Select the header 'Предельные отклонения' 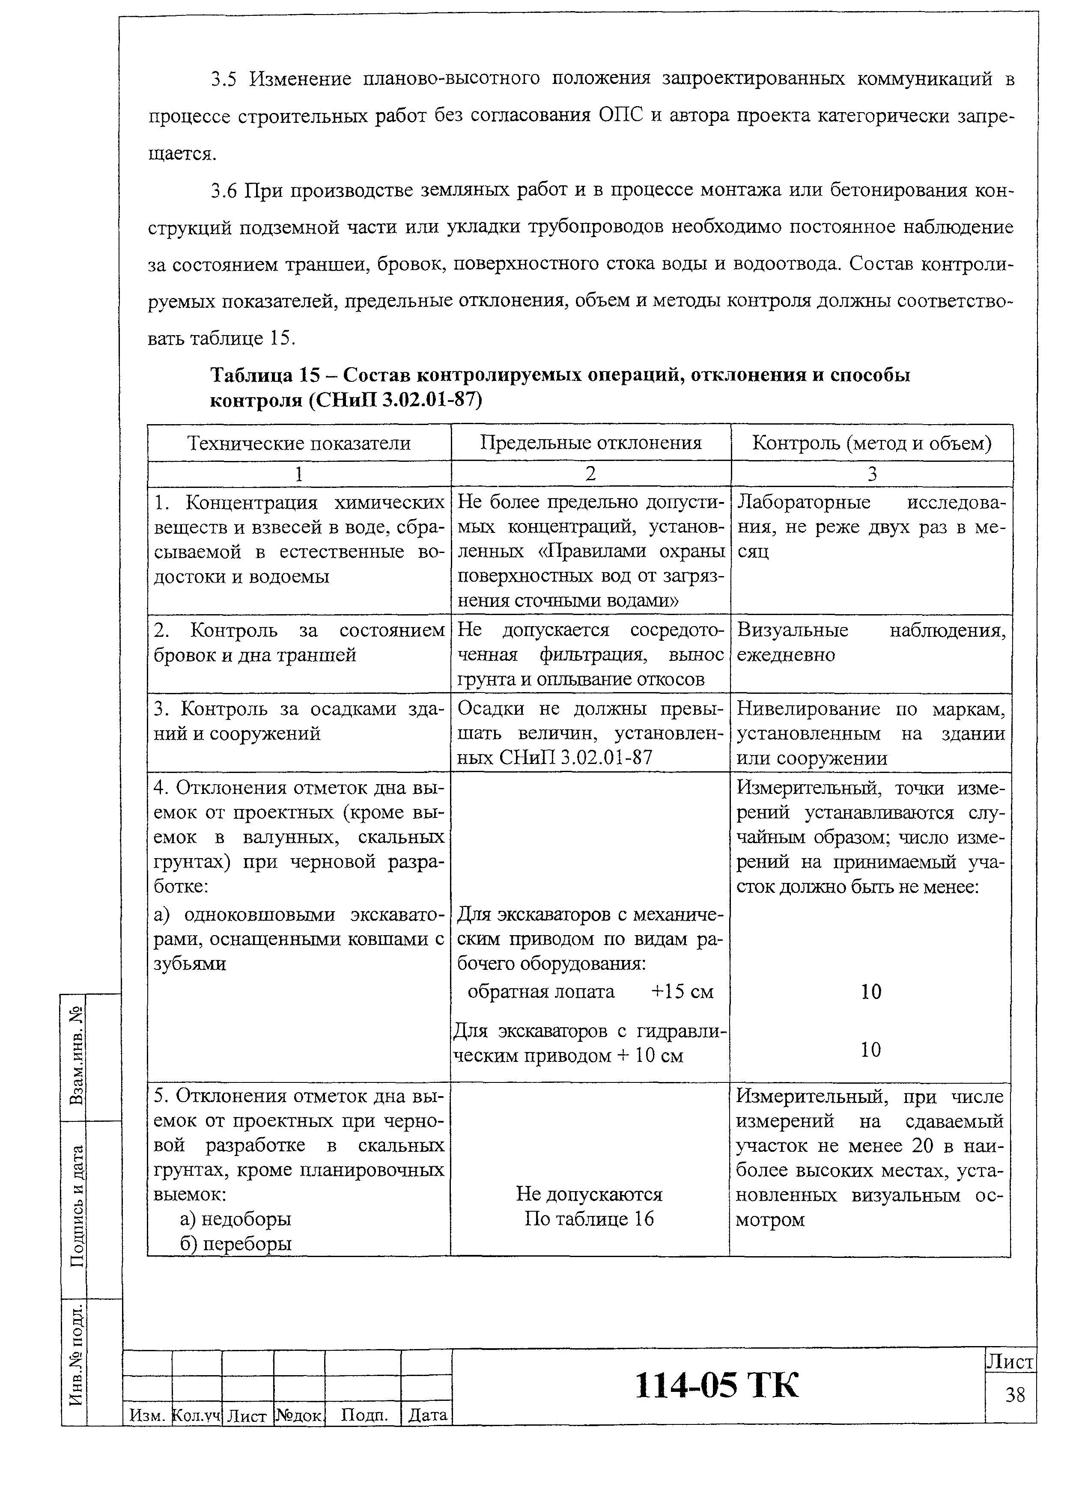[590, 443]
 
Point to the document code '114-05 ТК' [716, 1385]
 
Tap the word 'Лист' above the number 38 [1010, 1362]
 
